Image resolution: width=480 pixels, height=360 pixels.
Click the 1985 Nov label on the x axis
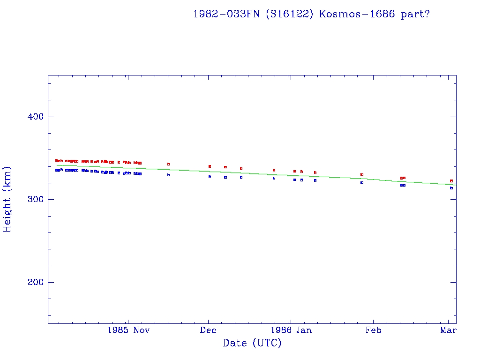coord(128,330)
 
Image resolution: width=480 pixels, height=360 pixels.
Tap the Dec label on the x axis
coord(208,330)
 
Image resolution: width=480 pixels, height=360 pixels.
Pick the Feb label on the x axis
coord(373,330)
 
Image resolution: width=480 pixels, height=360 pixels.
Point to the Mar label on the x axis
coord(449,330)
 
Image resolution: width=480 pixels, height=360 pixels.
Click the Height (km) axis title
coord(7,199)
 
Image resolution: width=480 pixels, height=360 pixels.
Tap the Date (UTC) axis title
coord(252,344)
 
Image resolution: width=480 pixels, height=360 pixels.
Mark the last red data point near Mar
coord(451,181)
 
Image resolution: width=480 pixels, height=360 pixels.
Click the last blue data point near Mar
coord(451,188)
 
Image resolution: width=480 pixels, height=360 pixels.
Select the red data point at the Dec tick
coord(210,166)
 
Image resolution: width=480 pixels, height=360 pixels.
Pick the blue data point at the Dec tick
coord(210,177)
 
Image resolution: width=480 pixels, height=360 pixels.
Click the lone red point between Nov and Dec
coord(168,164)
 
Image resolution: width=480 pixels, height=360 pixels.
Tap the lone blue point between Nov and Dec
coord(168,175)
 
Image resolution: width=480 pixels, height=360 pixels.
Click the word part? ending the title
coord(415,14)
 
